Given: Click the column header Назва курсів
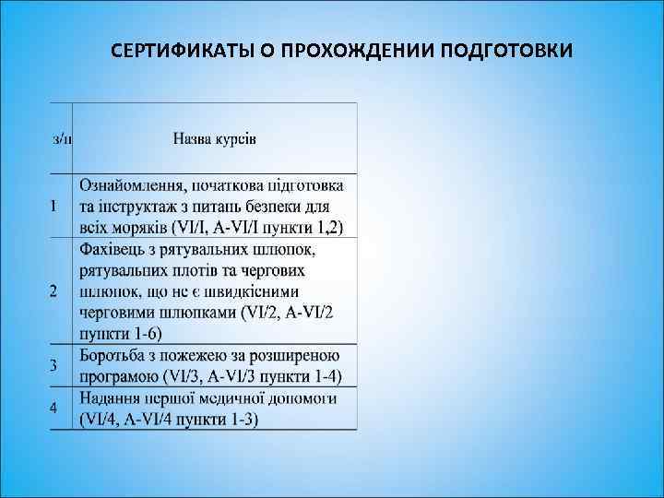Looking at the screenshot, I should point(215,139).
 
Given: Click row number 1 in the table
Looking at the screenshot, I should point(54,205).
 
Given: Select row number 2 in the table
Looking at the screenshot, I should point(54,291).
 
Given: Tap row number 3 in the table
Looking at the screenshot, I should point(54,365).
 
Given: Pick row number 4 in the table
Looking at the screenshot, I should point(54,407).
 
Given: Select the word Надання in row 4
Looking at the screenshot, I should point(110,398).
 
